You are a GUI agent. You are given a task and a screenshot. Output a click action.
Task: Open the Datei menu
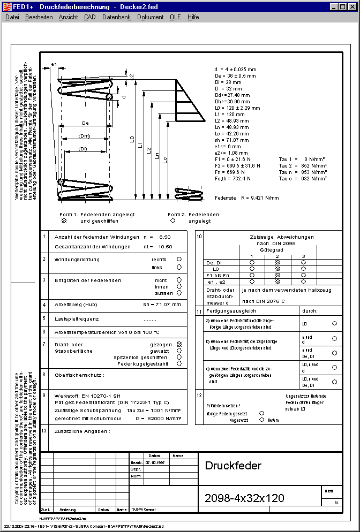point(12,17)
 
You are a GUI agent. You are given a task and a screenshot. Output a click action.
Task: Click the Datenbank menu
point(116,17)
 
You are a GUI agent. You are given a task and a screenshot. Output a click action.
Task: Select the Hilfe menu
point(193,17)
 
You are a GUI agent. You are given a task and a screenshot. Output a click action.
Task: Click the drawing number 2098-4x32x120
point(244,498)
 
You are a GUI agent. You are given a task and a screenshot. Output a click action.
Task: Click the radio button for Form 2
point(172,220)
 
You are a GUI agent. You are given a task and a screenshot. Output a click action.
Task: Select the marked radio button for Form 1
point(64,220)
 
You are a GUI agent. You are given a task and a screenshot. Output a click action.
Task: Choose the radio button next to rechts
point(179,259)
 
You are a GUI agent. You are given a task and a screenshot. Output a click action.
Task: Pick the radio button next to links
point(179,267)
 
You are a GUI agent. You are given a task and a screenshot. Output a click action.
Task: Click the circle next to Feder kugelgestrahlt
point(179,363)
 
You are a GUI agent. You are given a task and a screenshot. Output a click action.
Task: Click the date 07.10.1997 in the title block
point(155,462)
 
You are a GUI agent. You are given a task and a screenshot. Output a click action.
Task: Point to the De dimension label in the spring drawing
point(85,123)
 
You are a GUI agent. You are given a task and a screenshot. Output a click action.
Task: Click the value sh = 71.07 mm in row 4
point(162,304)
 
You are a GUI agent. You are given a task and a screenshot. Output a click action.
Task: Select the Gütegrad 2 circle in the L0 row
point(277,269)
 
